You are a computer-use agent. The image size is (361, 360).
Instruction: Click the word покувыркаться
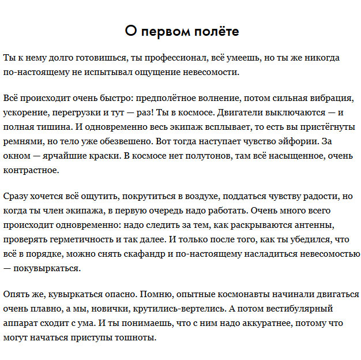point(50,268)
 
